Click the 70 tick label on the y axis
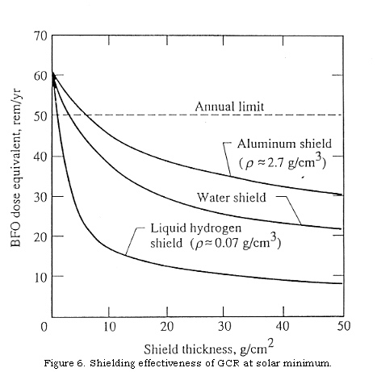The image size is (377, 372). coord(38,36)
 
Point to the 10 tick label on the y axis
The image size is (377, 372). coord(38,277)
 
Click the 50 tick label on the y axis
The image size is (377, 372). coord(38,115)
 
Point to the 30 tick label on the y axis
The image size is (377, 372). coord(38,196)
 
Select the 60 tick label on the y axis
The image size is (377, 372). coord(38,76)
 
